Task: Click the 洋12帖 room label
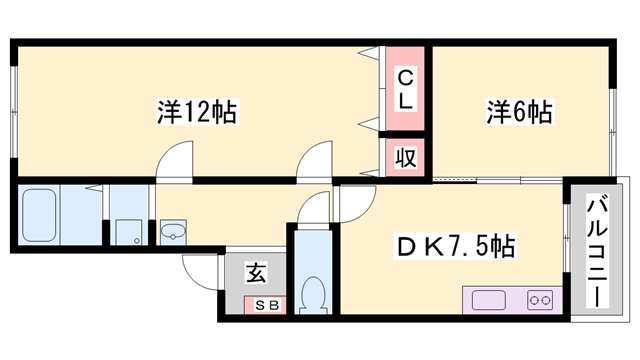(x=197, y=111)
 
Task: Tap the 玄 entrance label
(x=255, y=270)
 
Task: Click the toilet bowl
(x=313, y=296)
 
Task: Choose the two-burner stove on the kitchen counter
(x=540, y=299)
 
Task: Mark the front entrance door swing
(x=201, y=268)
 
